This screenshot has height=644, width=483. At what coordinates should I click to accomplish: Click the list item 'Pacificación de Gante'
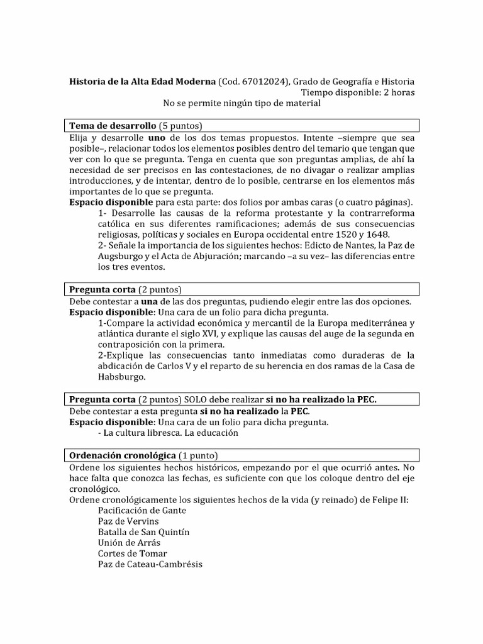click(142, 510)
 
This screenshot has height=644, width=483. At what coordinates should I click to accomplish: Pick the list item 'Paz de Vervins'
click(128, 521)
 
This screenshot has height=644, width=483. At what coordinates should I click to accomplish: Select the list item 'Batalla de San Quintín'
click(143, 531)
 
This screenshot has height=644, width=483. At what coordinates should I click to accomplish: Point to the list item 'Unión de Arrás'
click(129, 542)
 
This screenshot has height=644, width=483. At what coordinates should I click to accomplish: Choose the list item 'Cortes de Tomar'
click(132, 553)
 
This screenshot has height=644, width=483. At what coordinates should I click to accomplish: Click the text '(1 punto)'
click(199, 455)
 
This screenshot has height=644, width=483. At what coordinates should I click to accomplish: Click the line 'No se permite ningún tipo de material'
click(241, 103)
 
